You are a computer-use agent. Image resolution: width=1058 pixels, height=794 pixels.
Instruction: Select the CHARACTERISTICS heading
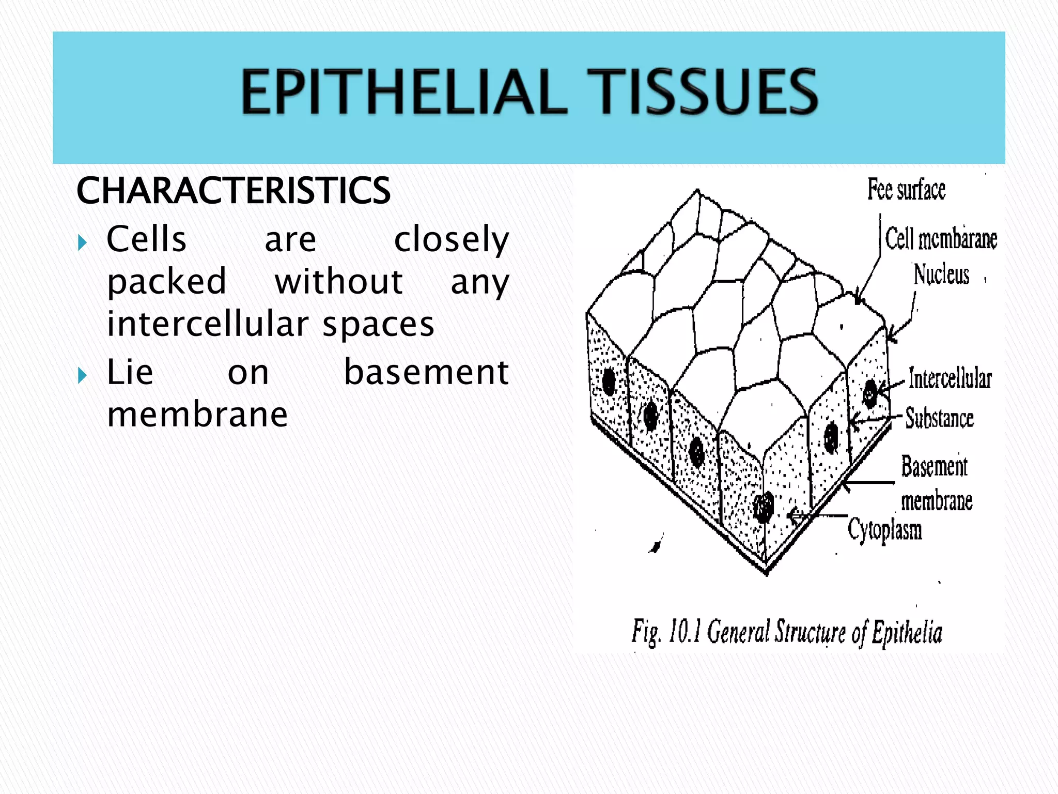(234, 191)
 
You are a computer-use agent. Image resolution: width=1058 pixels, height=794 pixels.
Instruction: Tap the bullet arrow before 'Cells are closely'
(82, 242)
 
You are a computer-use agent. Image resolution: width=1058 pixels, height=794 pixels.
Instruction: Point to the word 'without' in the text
(338, 282)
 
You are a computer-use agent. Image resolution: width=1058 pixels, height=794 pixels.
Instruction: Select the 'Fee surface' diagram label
(906, 189)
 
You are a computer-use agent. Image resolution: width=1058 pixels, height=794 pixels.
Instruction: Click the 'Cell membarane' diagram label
(941, 239)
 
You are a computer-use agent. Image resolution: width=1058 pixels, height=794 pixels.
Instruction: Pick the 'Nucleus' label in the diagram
(941, 274)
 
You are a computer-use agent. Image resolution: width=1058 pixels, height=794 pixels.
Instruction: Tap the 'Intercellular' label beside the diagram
(950, 378)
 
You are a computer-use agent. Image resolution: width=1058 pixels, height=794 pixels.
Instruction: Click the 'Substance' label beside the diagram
(939, 418)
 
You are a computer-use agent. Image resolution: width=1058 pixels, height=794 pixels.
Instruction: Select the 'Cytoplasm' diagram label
(884, 530)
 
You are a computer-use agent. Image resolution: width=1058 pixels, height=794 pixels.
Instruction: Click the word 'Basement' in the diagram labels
(934, 466)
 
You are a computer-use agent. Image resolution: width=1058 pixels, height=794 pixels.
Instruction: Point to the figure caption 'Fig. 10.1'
(666, 632)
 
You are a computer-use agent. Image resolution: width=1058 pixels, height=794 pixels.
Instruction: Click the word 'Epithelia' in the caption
(907, 632)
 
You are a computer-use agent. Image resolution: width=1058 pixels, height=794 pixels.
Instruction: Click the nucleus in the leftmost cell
(609, 381)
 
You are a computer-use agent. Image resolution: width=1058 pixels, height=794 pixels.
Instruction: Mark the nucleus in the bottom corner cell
(763, 507)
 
